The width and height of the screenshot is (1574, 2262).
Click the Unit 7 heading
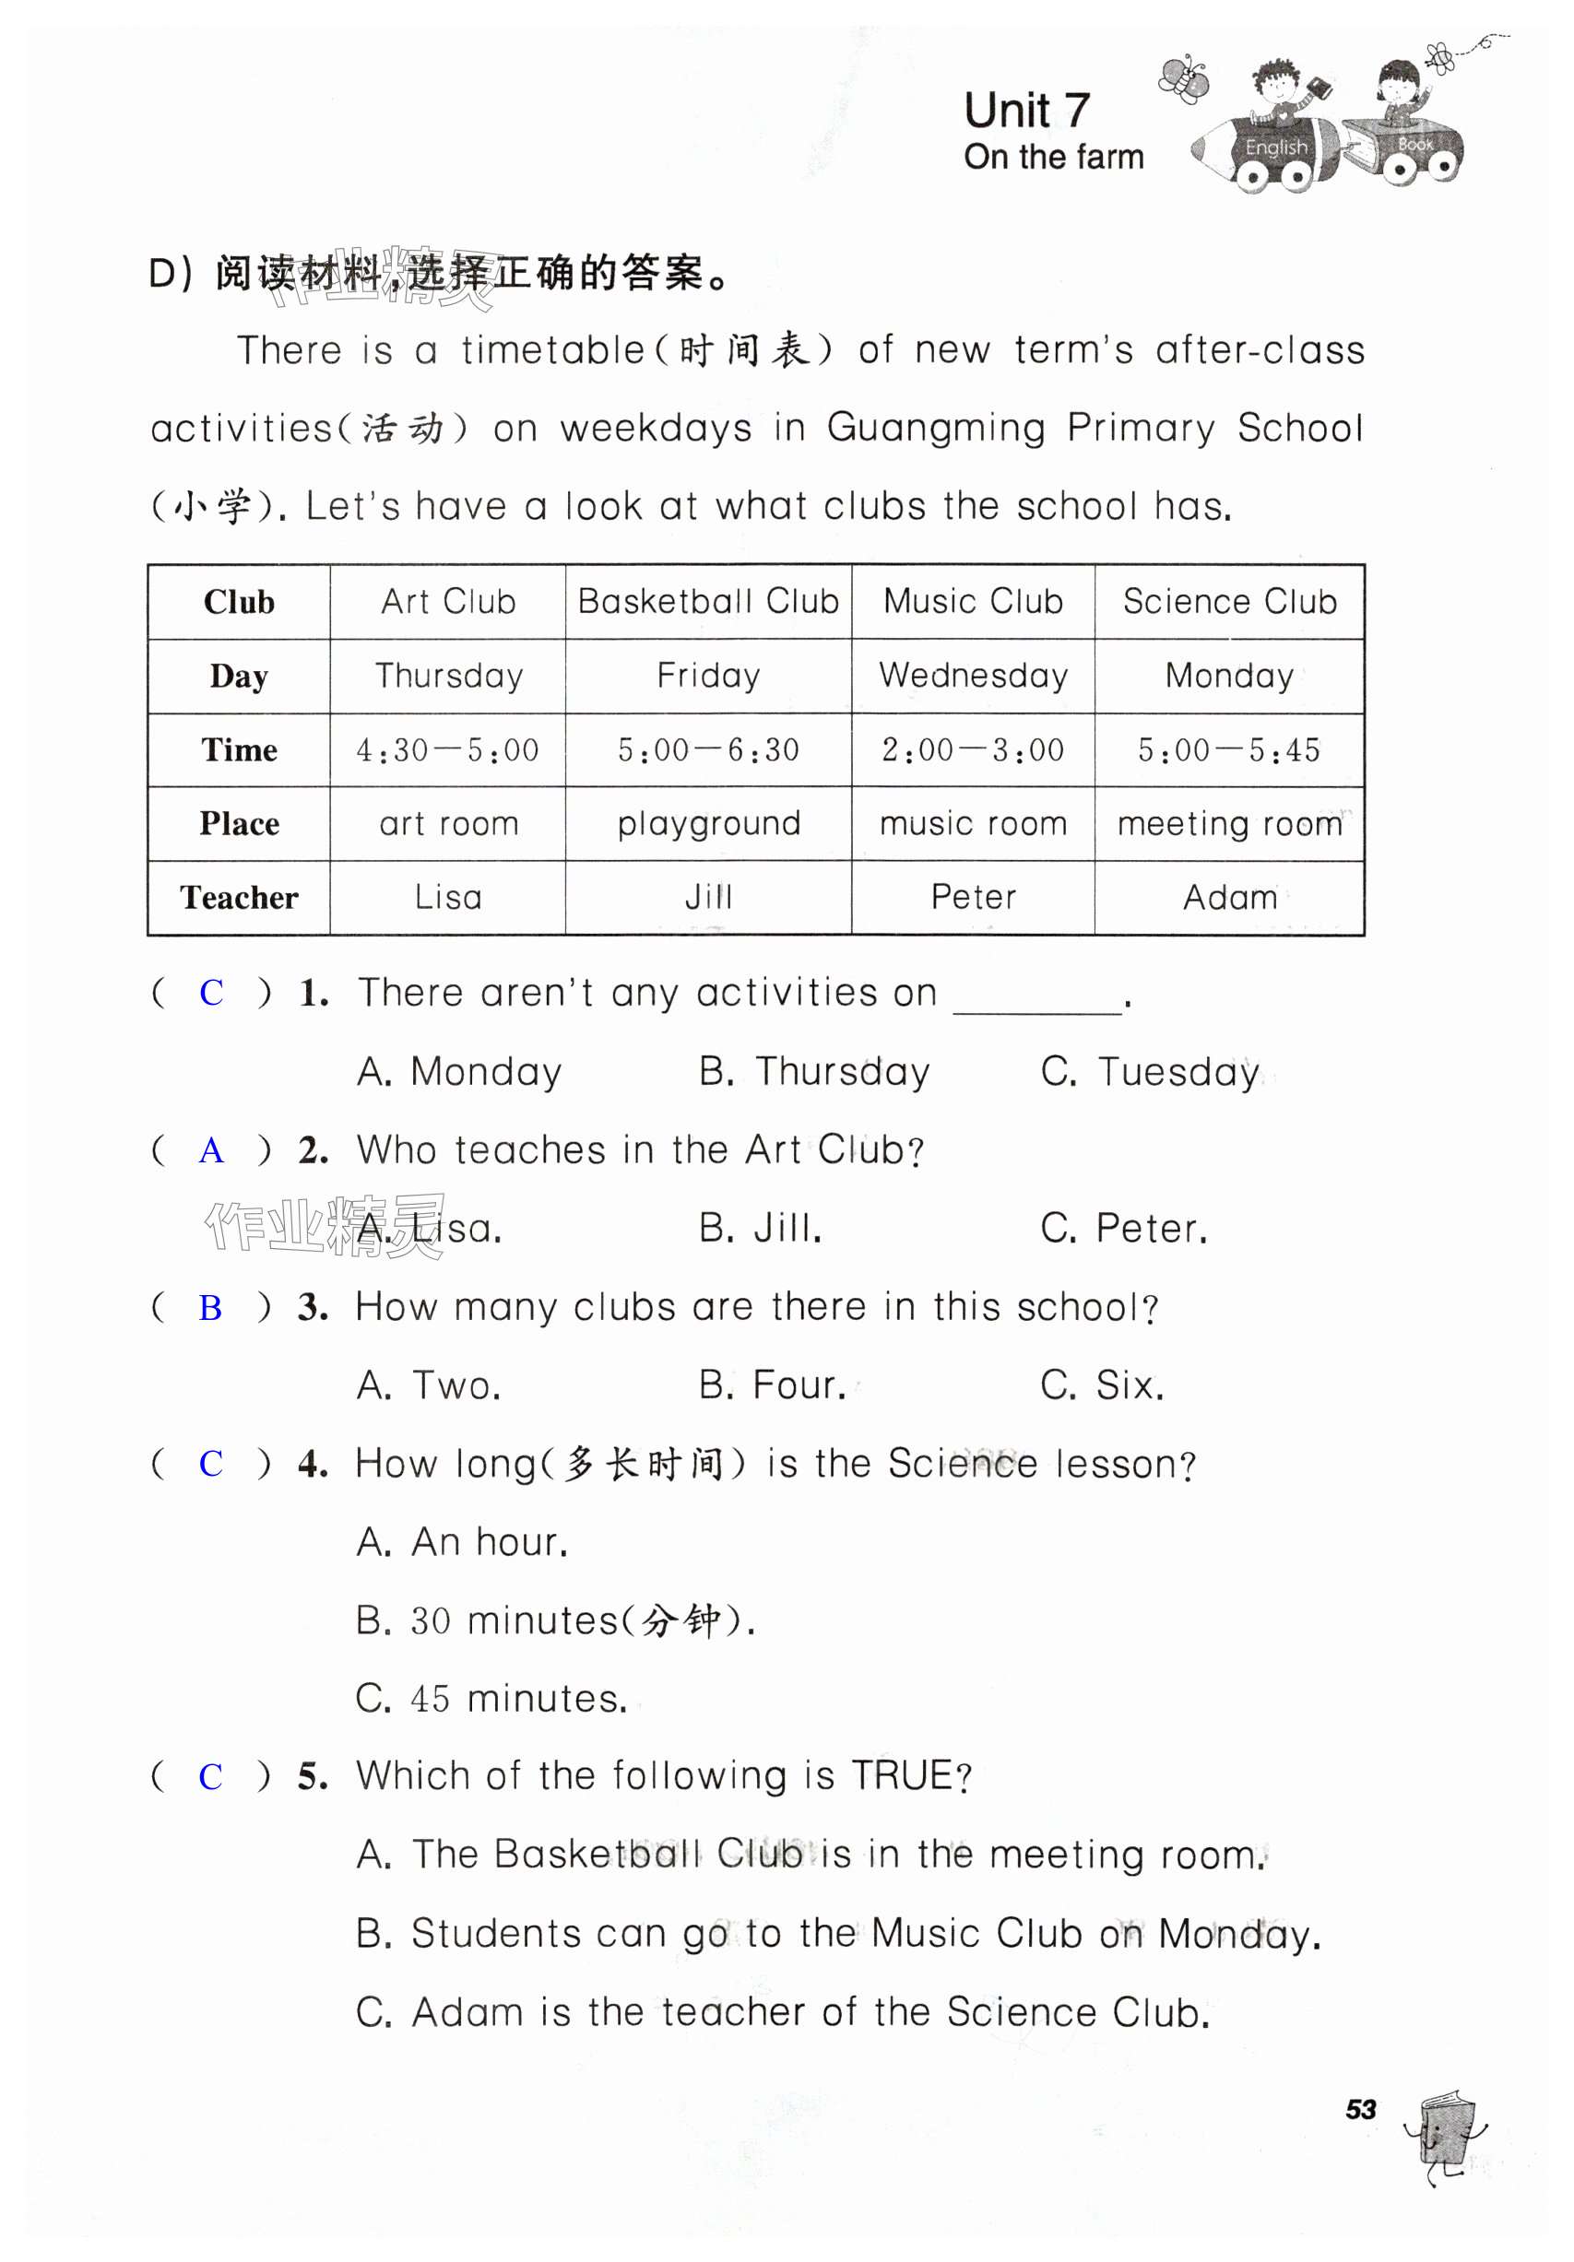[x=1026, y=111]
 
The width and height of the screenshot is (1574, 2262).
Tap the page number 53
[x=1360, y=2110]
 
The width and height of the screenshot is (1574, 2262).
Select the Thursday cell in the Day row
[x=448, y=676]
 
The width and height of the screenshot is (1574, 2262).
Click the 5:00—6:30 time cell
[x=707, y=749]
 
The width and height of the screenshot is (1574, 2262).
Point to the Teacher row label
[x=239, y=898]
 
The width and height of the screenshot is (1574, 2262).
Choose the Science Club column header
[x=1229, y=601]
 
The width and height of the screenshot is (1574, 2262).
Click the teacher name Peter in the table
[x=973, y=898]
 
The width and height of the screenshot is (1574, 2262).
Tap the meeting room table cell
[x=1229, y=824]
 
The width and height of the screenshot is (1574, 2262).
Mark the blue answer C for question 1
[x=211, y=993]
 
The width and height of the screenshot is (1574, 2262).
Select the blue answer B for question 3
[x=210, y=1307]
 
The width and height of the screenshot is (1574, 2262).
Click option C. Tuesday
[x=1149, y=1072]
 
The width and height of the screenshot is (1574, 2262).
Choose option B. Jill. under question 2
[x=760, y=1229]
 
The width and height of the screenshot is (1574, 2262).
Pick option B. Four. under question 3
[x=772, y=1385]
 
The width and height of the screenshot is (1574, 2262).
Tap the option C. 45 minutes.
[x=491, y=1699]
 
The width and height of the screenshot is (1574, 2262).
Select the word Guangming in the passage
[x=935, y=429]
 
